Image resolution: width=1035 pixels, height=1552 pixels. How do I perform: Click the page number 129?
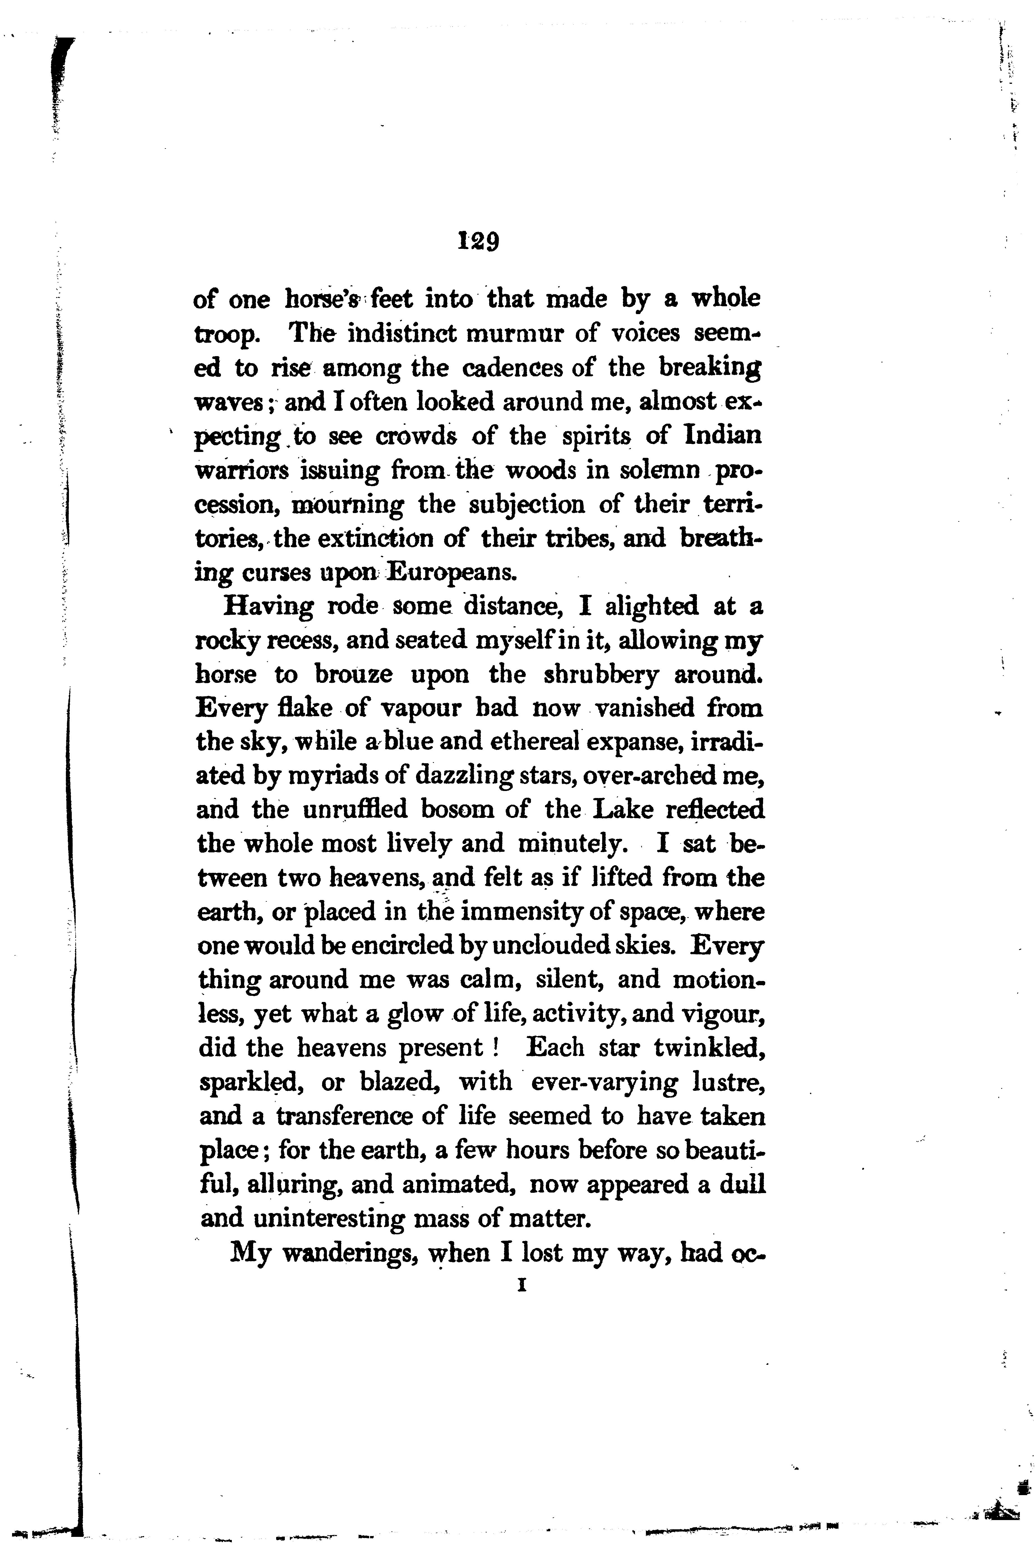point(478,242)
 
